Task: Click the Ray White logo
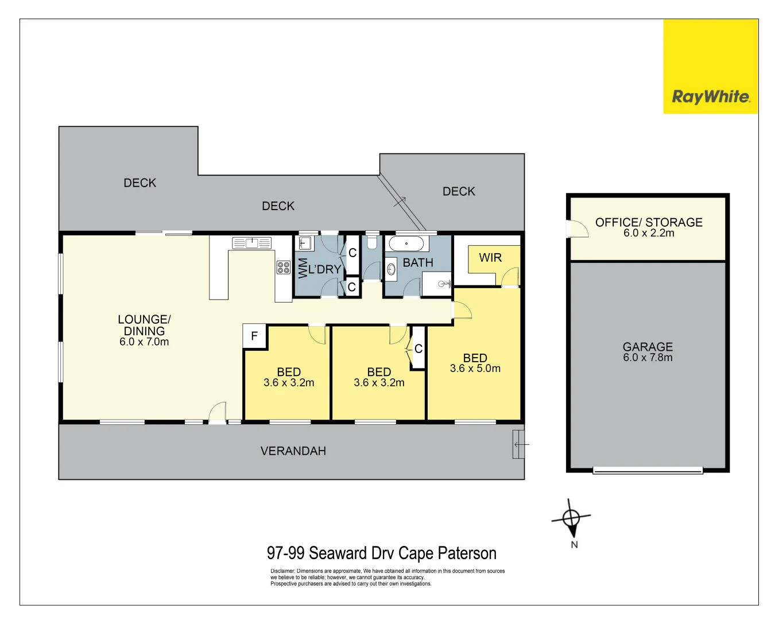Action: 711,96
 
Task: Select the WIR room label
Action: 490,258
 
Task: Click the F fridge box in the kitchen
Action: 254,336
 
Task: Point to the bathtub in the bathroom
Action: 406,243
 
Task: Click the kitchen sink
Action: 251,243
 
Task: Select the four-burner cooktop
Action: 284,268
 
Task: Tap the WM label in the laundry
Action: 303,268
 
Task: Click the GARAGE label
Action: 648,347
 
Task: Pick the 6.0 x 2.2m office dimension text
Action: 649,233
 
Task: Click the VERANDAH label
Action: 293,451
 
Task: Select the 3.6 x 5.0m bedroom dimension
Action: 475,369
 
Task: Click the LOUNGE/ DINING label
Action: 144,325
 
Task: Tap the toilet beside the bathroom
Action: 372,242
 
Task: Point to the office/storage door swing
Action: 578,229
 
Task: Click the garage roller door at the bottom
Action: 648,470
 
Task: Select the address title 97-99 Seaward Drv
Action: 381,553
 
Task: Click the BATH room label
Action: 418,263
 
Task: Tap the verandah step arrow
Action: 520,444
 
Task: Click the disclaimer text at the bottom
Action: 387,578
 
